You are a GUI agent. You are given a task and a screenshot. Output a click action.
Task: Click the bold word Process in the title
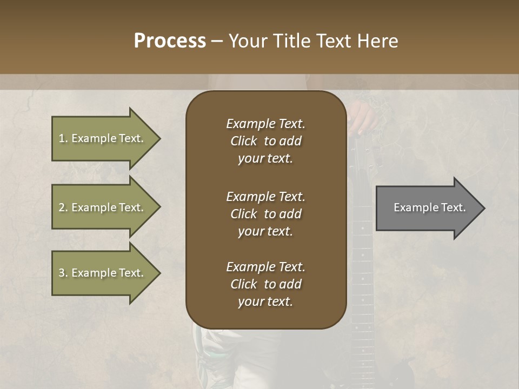[169, 41]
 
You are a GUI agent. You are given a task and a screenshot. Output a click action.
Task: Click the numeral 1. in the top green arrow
[63, 138]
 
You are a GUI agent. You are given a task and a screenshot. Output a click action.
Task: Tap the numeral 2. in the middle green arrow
[63, 207]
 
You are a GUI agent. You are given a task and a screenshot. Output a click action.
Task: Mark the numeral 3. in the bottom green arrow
[63, 273]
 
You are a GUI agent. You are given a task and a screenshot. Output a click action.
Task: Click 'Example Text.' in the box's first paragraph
[265, 124]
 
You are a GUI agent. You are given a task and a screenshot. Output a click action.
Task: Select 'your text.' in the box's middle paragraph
[265, 231]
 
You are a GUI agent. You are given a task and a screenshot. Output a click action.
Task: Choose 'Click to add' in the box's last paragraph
[265, 284]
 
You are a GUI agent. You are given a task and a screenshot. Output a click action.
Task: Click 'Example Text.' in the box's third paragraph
[265, 267]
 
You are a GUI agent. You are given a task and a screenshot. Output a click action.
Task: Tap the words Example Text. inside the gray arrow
[430, 207]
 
